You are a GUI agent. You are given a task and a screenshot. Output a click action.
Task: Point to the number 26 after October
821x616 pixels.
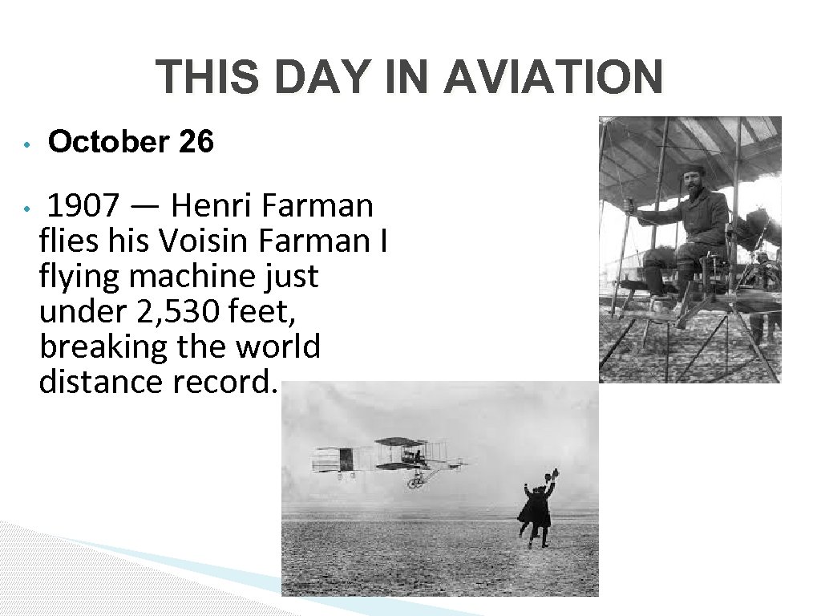(x=196, y=143)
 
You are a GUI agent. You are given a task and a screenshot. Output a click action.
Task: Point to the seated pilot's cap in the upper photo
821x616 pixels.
(x=690, y=170)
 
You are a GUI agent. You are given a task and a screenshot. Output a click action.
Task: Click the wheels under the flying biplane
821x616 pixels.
(x=415, y=483)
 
